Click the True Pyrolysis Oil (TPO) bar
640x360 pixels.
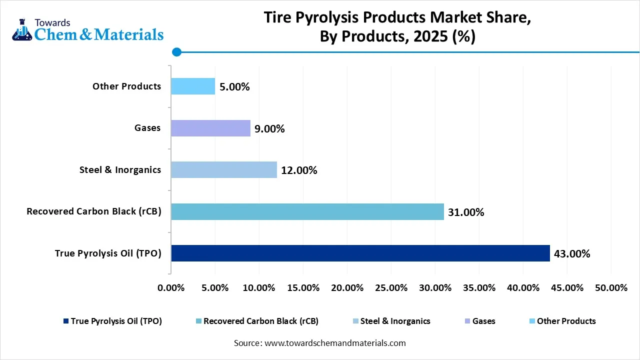pyautogui.click(x=360, y=253)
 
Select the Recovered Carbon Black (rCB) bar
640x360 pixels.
pyautogui.click(x=307, y=211)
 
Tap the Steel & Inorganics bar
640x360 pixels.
pyautogui.click(x=223, y=170)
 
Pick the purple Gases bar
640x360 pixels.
pyautogui.click(x=210, y=128)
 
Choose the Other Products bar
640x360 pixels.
pyautogui.click(x=193, y=86)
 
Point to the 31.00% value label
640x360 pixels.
pyautogui.click(x=466, y=212)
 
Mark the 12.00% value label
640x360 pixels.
pyautogui.click(x=299, y=170)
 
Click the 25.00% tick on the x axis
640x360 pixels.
pyautogui.click(x=391, y=288)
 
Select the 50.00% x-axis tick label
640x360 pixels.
pyautogui.click(x=611, y=288)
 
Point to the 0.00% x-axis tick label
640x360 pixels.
pyautogui.click(x=171, y=288)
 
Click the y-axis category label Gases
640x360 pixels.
pyautogui.click(x=147, y=128)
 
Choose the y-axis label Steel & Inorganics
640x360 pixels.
pyautogui.click(x=120, y=170)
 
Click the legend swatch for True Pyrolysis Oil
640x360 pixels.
pyautogui.click(x=65, y=321)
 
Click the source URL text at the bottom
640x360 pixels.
pyautogui.click(x=319, y=343)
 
